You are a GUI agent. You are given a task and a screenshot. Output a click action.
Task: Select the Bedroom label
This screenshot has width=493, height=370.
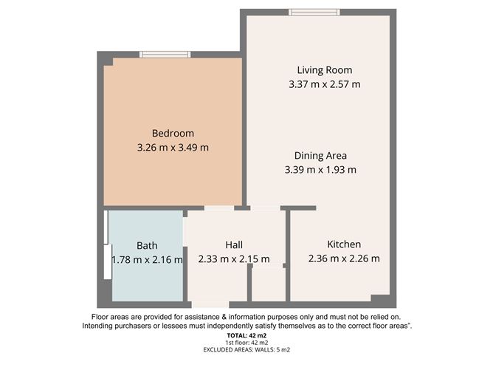pos(173,134)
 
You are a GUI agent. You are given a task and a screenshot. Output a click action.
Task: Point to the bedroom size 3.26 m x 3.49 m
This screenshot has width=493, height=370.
pos(173,148)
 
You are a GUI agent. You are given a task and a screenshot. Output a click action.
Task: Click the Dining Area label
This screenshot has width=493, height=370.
pos(320,156)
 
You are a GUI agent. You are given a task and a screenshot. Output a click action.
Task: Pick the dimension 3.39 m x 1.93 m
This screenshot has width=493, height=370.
pos(320,170)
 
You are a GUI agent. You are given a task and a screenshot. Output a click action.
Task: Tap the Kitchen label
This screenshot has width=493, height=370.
pos(344,244)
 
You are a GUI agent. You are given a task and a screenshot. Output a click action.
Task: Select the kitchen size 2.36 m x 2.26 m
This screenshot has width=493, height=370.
pos(344,258)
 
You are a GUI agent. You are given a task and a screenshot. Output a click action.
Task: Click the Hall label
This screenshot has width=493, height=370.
pos(234,245)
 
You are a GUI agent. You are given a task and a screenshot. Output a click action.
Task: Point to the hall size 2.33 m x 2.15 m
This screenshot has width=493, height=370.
pos(234,259)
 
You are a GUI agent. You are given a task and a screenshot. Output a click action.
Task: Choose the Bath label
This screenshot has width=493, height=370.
pos(147,245)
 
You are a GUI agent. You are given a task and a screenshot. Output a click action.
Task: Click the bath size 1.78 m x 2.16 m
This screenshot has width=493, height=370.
pos(147,259)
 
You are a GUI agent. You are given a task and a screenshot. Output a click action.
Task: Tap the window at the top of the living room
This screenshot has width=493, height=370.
pos(314,11)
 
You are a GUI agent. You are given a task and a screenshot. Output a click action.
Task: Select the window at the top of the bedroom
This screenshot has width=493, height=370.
pos(165,54)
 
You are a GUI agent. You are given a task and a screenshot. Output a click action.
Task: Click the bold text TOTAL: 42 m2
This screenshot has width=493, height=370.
pos(246,335)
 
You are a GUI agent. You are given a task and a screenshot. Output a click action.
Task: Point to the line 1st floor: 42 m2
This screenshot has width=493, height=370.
pos(246,343)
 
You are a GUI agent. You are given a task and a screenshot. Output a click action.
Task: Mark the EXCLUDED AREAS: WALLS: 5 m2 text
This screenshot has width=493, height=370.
pos(246,352)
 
